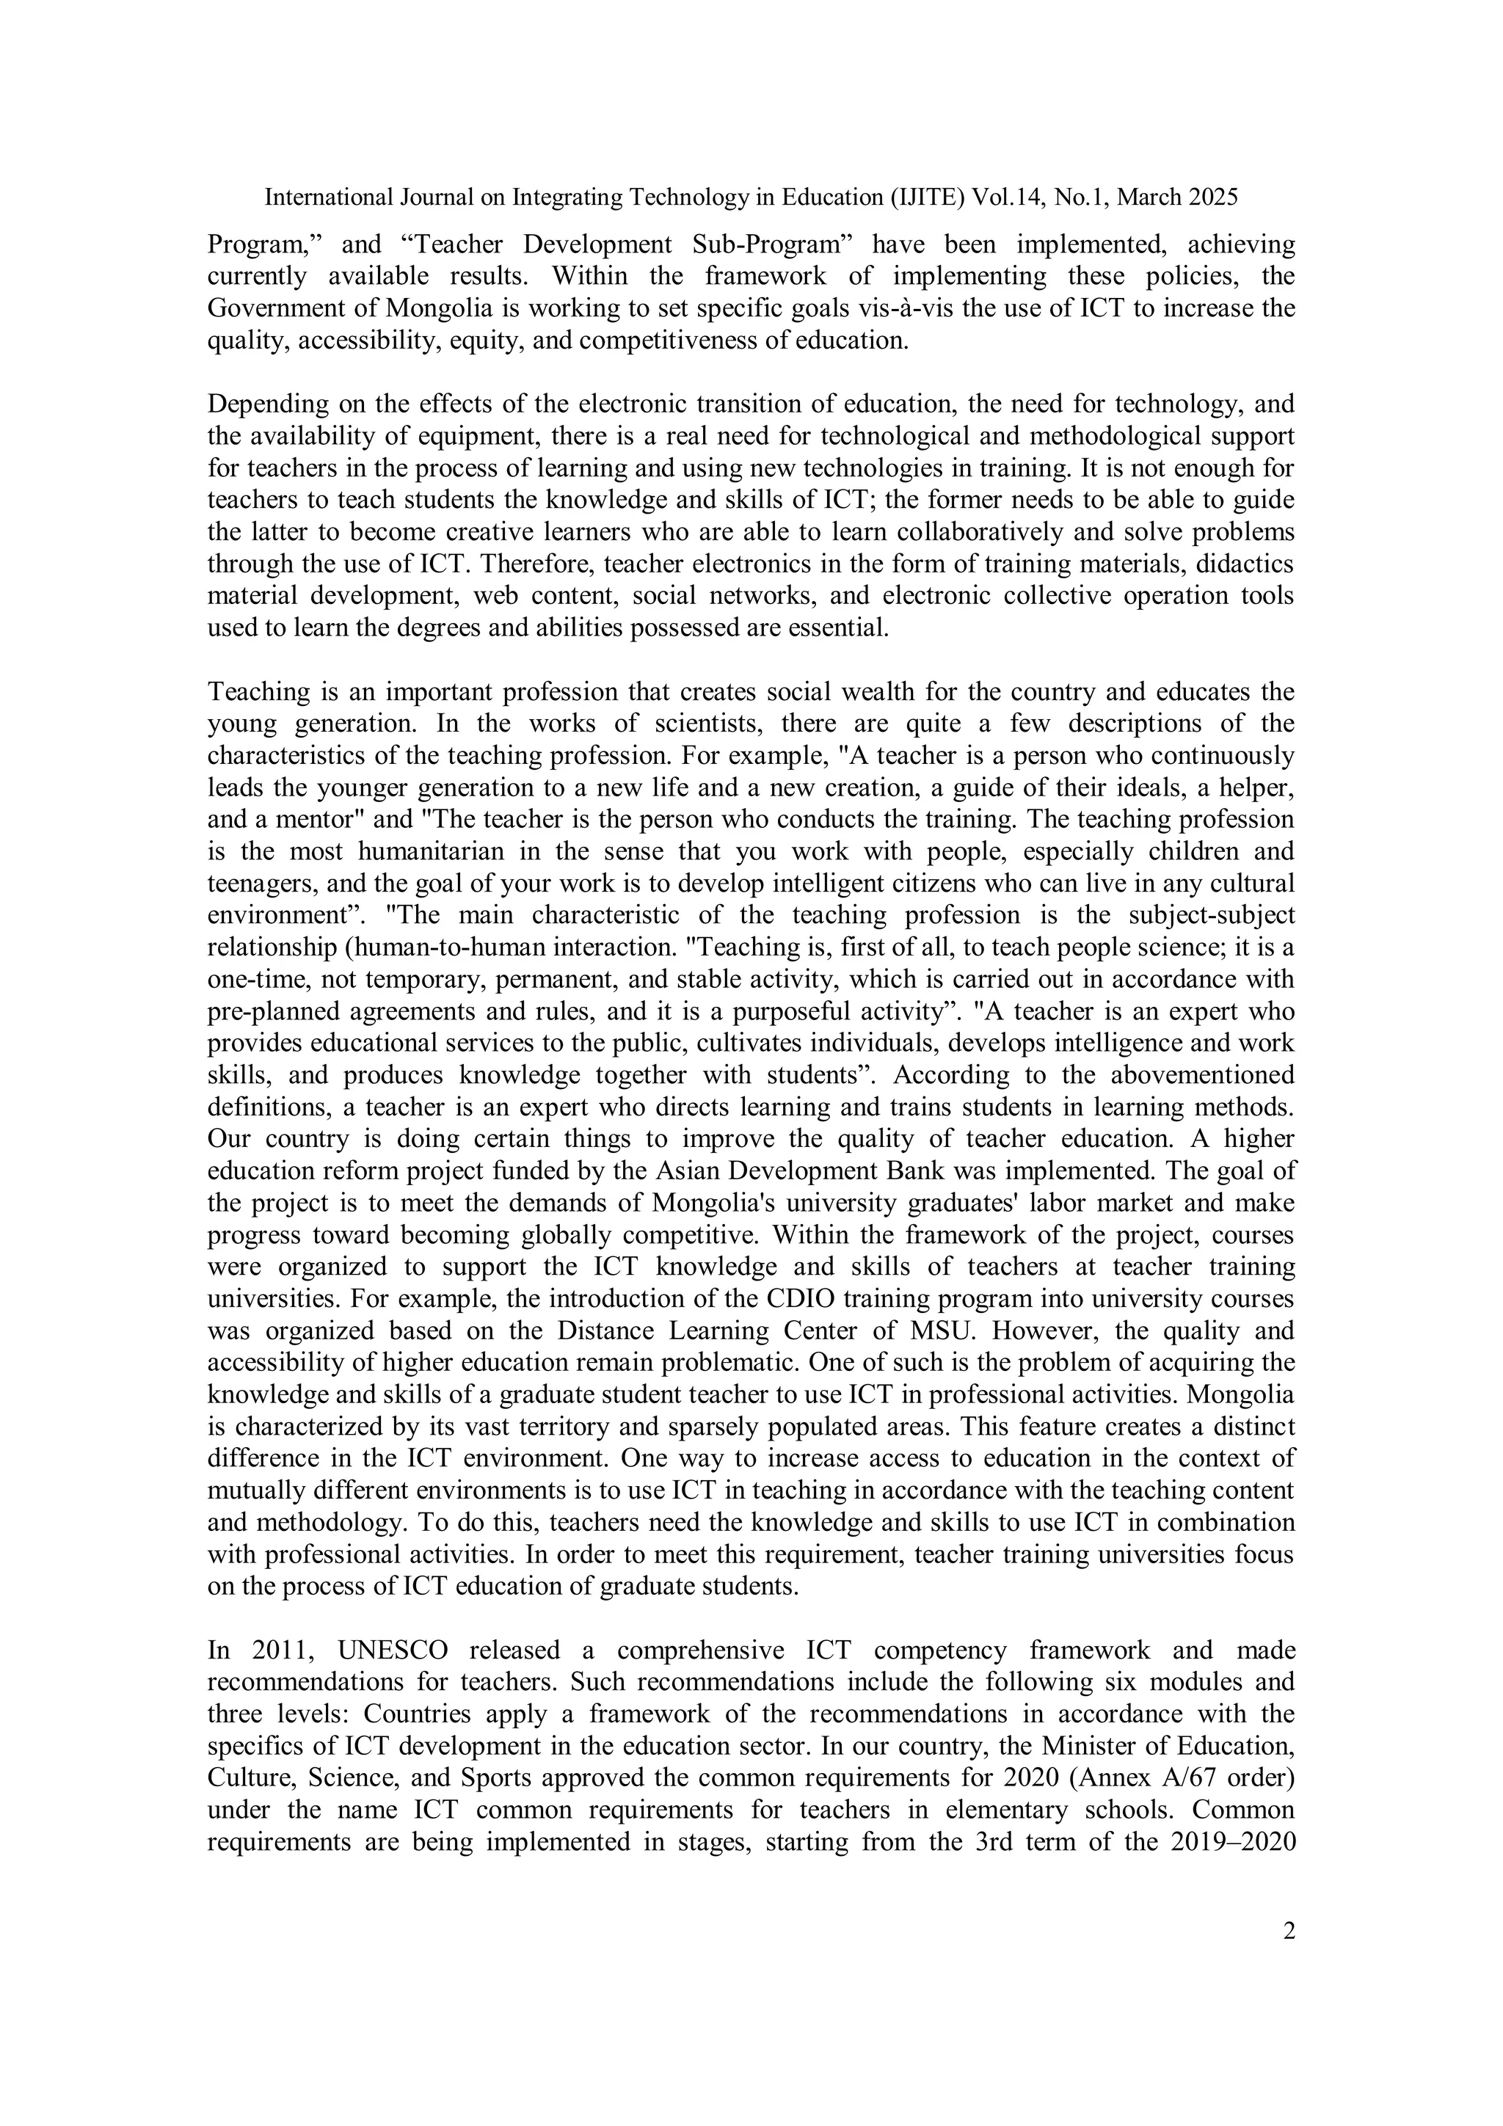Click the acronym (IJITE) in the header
point(919,197)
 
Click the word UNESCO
point(393,1650)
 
